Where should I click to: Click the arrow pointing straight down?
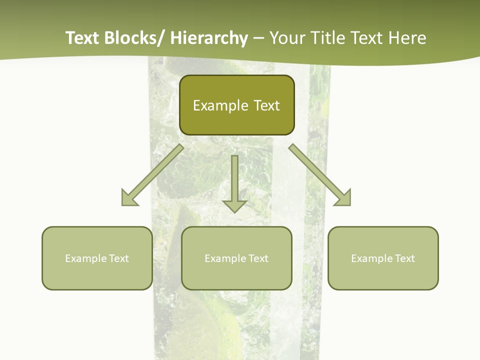234,183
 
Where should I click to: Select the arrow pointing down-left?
153,175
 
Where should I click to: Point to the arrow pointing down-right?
320,175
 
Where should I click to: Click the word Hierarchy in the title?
209,38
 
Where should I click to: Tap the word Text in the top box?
266,105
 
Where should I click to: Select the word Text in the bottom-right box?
404,258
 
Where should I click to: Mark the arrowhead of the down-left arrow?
129,198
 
